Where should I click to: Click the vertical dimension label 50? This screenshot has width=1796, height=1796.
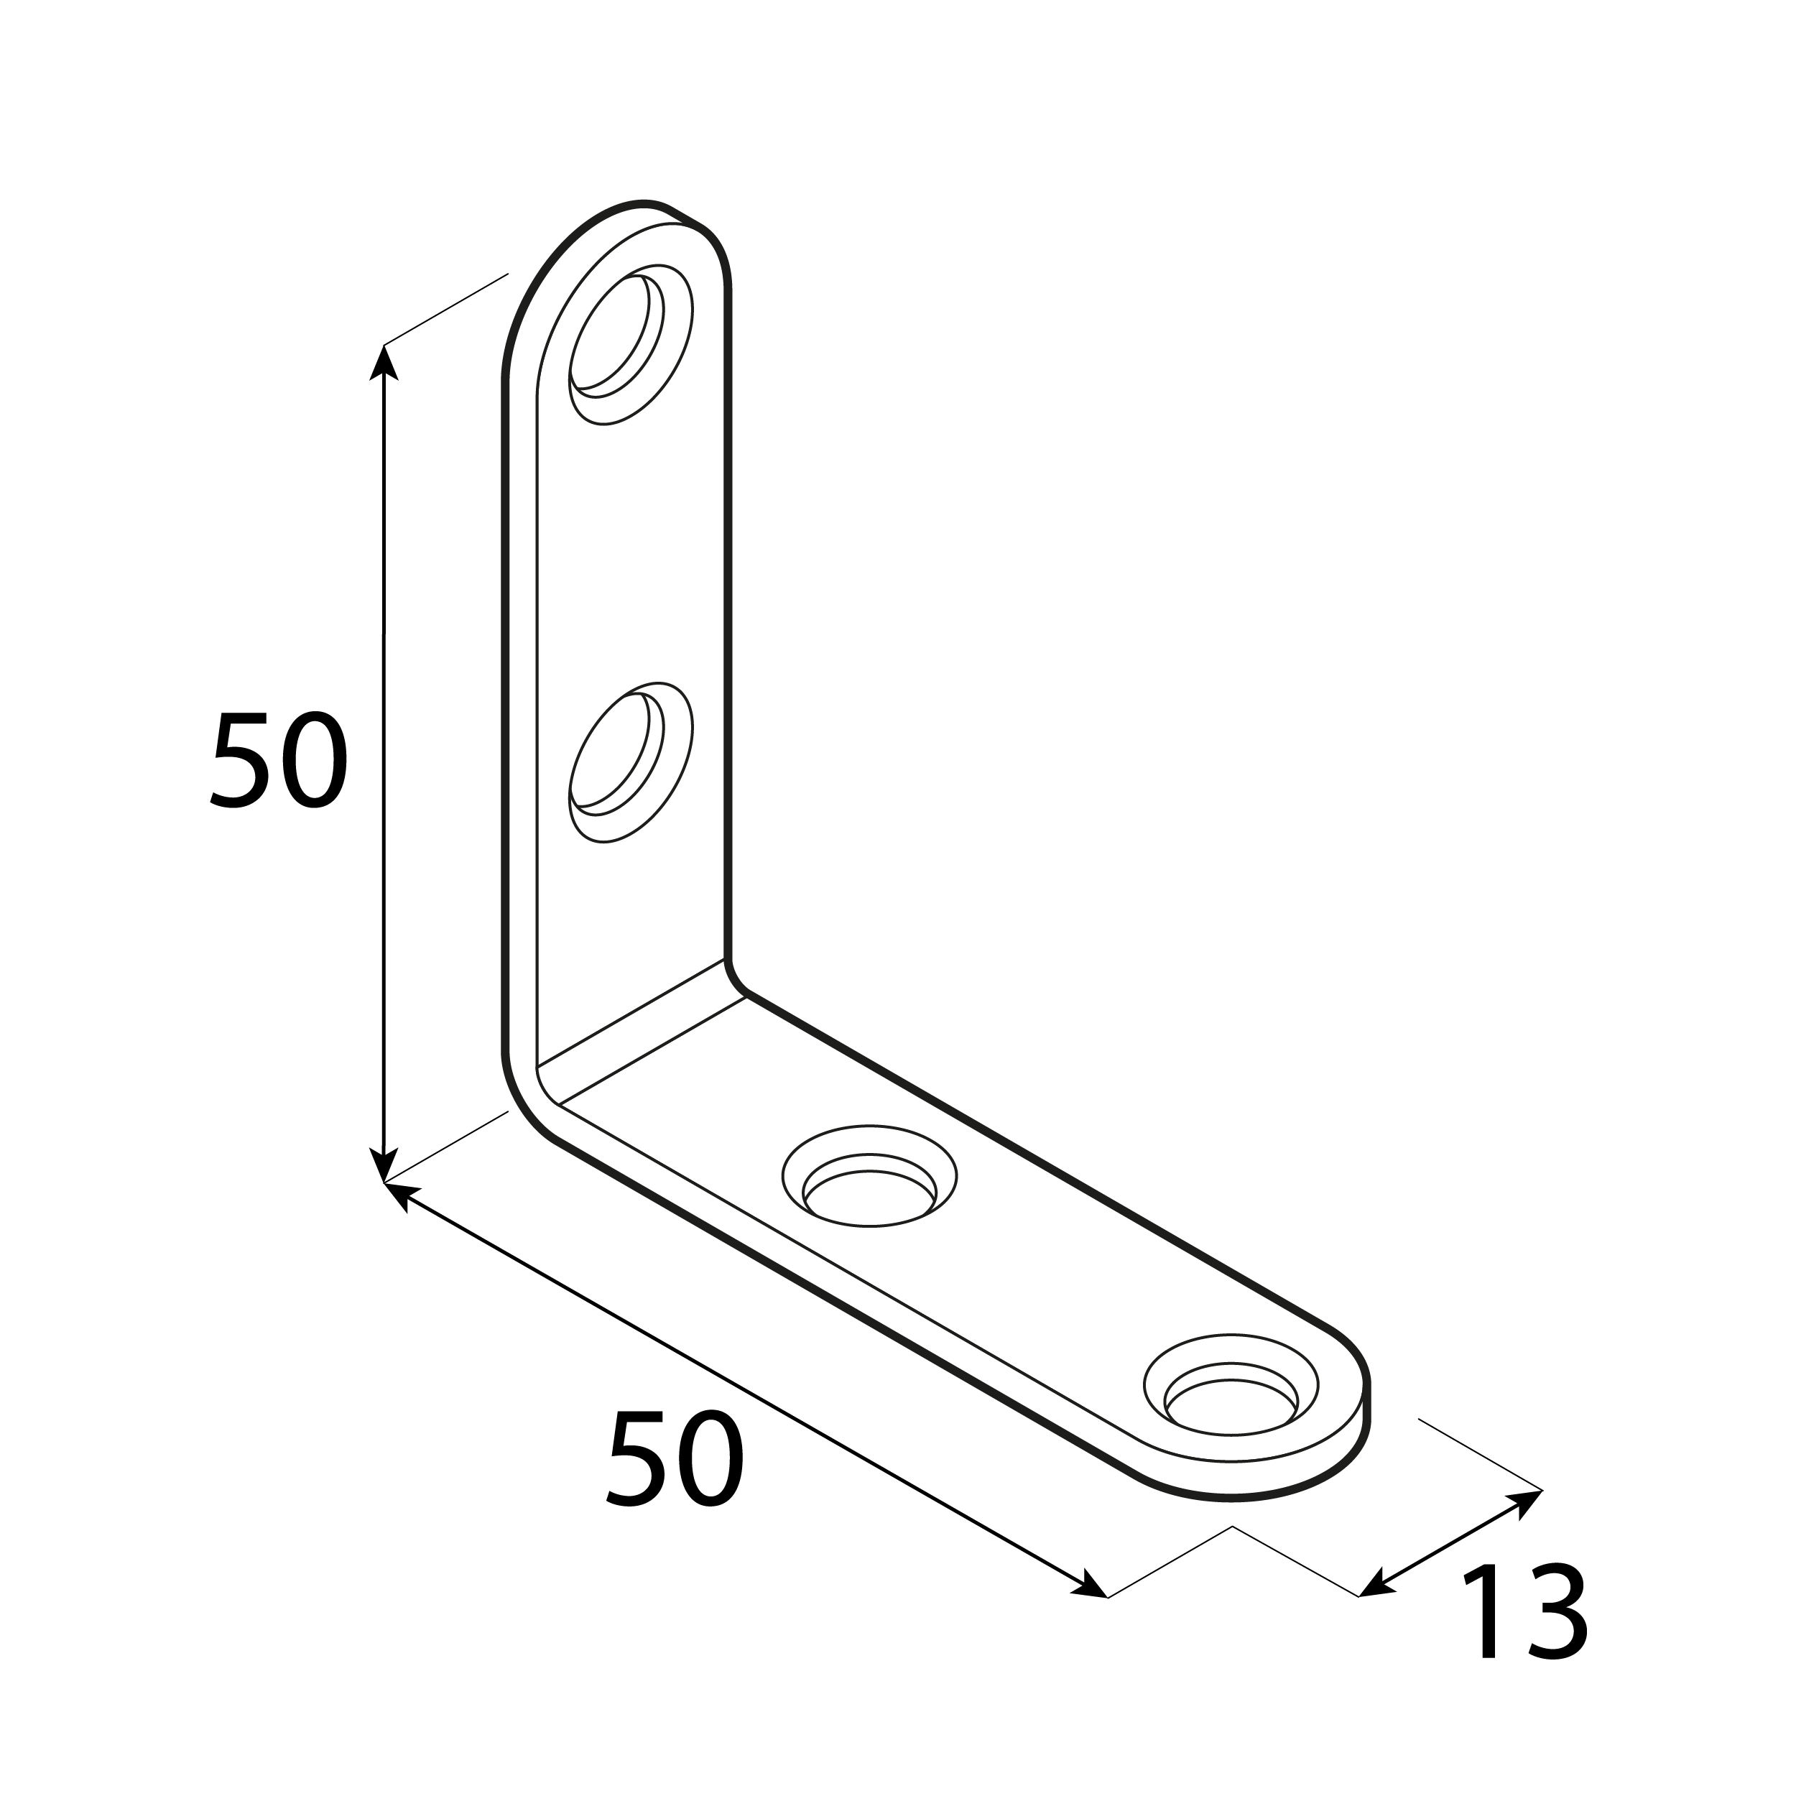pyautogui.click(x=279, y=760)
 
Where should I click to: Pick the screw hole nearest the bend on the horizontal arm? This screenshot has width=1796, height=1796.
pyautogui.click(x=869, y=1176)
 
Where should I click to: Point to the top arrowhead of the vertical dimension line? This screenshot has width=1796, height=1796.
pyautogui.click(x=384, y=363)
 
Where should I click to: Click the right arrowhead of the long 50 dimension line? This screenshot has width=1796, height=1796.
pyautogui.click(x=1091, y=1587)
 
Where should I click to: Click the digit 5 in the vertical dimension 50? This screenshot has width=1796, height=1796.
pyautogui.click(x=240, y=760)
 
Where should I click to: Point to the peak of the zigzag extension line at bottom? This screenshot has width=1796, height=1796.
pyautogui.click(x=1233, y=1527)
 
